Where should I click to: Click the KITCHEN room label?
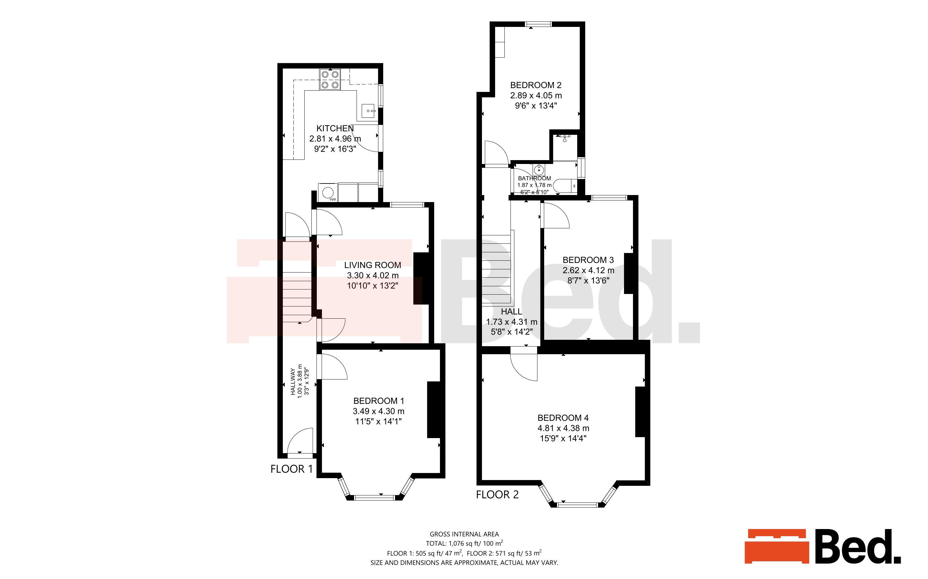(335, 128)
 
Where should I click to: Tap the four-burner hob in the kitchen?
(330, 79)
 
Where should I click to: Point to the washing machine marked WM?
(328, 192)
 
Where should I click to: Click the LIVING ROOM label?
(373, 265)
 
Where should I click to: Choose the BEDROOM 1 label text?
(379, 401)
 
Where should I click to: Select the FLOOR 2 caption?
(497, 495)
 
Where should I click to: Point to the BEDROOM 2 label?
(536, 85)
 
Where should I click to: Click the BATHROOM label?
(534, 178)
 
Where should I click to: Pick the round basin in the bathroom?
(539, 170)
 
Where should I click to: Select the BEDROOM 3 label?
(588, 260)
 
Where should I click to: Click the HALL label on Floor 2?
(511, 312)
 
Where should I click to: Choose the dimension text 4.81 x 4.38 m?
(563, 428)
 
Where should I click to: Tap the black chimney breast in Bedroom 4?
(640, 412)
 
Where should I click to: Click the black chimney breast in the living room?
(420, 278)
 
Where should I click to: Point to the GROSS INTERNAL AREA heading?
(464, 534)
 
